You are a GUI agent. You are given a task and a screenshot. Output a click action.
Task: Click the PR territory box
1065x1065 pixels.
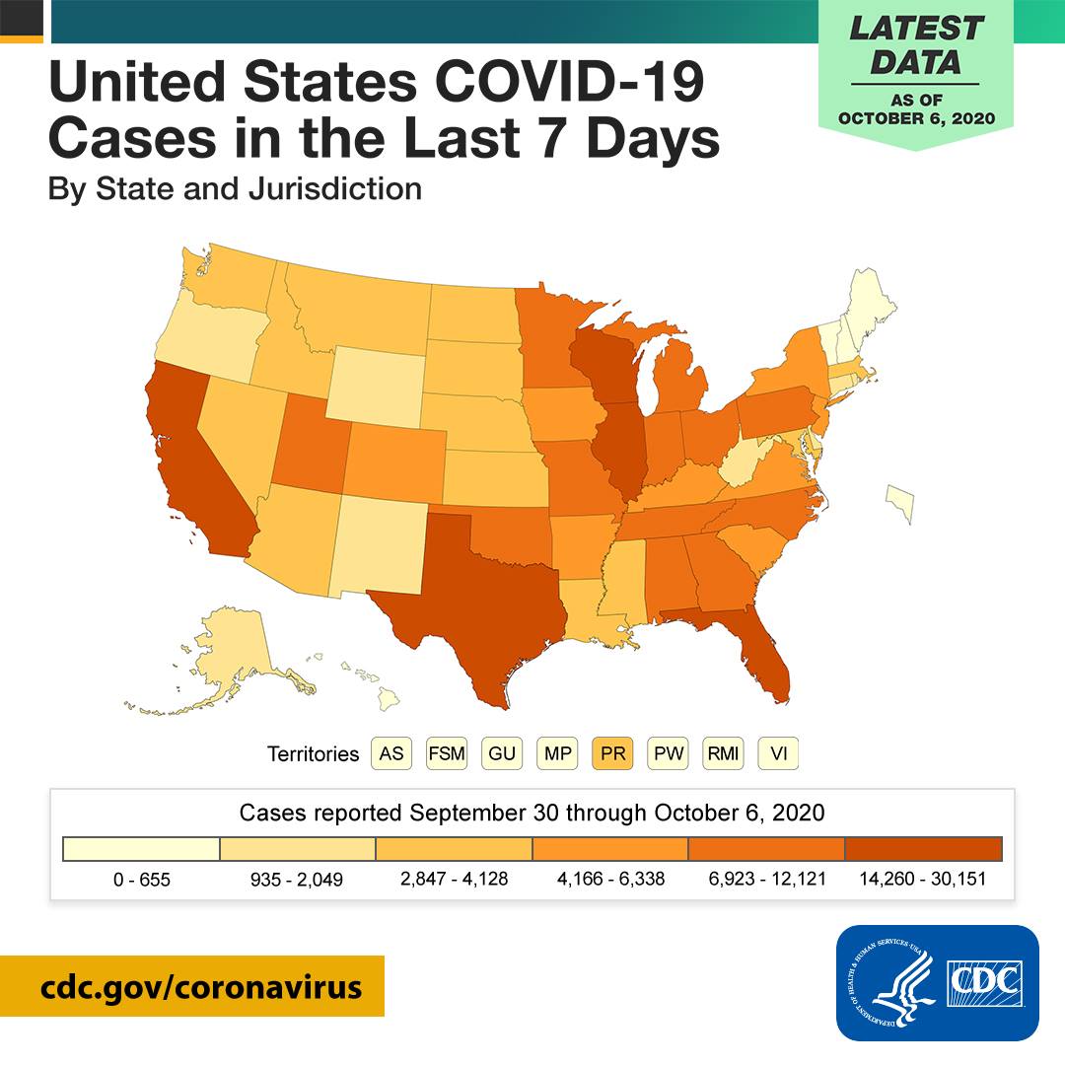pos(611,753)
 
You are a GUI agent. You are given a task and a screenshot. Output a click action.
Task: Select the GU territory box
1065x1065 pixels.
pos(502,753)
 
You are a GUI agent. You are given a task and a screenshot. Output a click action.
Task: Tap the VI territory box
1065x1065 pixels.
pos(778,753)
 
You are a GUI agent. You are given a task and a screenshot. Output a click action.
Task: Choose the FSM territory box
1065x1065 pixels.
pos(447,753)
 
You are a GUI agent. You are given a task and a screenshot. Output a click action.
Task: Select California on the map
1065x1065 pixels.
pos(202,463)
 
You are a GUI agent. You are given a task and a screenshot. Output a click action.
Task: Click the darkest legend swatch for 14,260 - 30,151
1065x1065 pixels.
pos(923,849)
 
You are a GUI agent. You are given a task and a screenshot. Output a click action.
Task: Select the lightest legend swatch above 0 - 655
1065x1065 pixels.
pos(141,849)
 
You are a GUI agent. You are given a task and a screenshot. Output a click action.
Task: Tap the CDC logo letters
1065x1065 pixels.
pos(986,982)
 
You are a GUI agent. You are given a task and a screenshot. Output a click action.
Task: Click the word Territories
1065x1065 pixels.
pos(313,754)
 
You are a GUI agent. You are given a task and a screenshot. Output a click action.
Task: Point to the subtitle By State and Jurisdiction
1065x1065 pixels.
pos(235,187)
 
